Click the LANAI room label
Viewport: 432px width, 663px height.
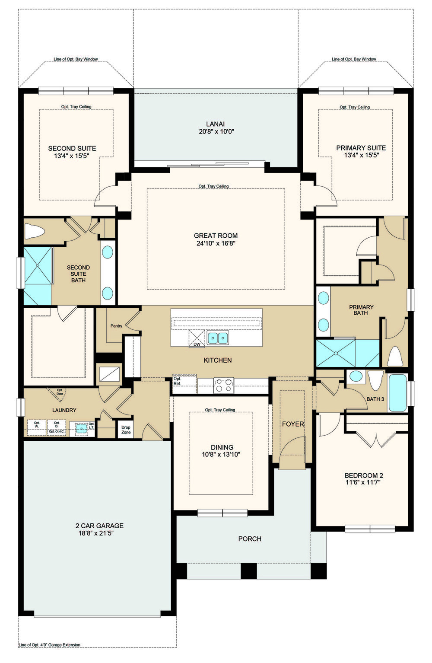pos(215,124)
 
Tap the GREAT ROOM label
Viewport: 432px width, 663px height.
pos(216,236)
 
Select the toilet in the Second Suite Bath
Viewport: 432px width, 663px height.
pos(34,231)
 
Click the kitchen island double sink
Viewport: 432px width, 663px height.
pos(217,338)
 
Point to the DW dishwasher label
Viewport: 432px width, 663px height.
pos(197,344)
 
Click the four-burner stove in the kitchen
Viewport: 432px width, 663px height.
pos(224,386)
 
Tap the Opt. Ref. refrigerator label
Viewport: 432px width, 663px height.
pos(177,381)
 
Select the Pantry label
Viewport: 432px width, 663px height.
pos(116,326)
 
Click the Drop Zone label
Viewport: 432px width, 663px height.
pos(126,430)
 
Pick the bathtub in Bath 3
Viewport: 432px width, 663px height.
pos(398,393)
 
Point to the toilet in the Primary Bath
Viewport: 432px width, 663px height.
pos(395,356)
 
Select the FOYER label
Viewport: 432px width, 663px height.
pos(293,424)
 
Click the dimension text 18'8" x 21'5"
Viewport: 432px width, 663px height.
pos(94,533)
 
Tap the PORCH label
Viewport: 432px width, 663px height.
pos(250,539)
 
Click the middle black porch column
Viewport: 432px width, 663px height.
pos(248,571)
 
